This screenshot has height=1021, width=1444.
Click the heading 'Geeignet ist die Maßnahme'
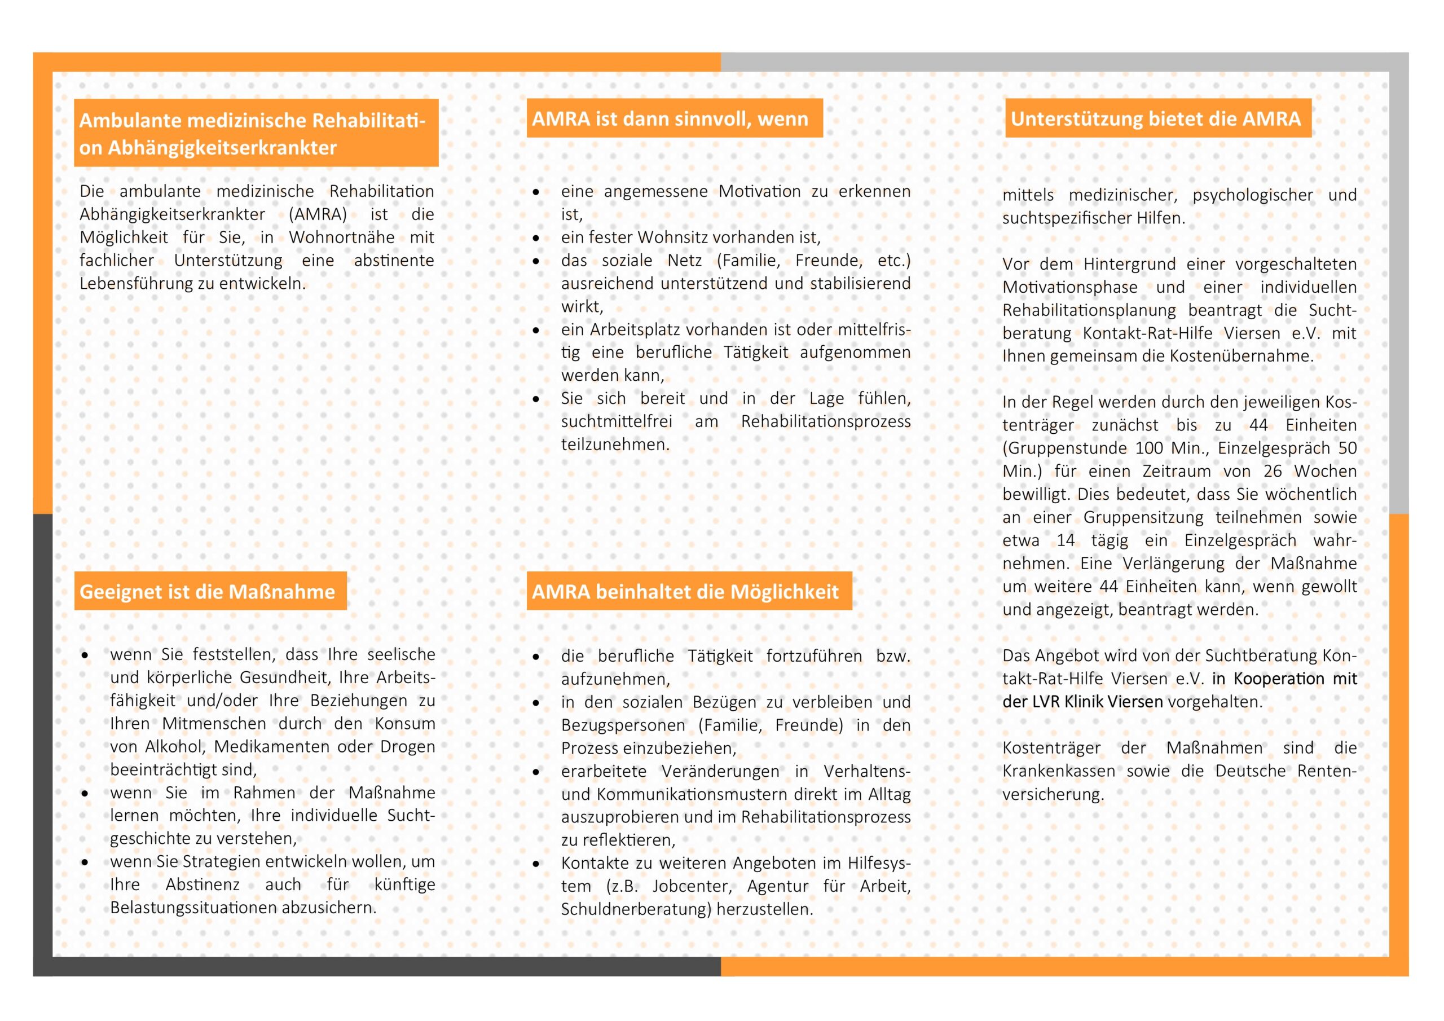207,591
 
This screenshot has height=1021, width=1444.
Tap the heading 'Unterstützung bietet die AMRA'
1155,118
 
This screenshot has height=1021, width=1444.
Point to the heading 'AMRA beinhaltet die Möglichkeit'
685,591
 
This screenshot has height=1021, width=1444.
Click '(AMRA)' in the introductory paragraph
318,214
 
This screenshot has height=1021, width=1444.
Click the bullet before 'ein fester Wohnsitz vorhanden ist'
536,239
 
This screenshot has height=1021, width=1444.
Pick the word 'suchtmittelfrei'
617,421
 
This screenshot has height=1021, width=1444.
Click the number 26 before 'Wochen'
1273,471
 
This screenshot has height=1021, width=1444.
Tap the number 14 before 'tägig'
1066,540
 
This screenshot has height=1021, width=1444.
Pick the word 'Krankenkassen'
1059,771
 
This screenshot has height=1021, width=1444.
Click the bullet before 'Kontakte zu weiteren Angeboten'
536,864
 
